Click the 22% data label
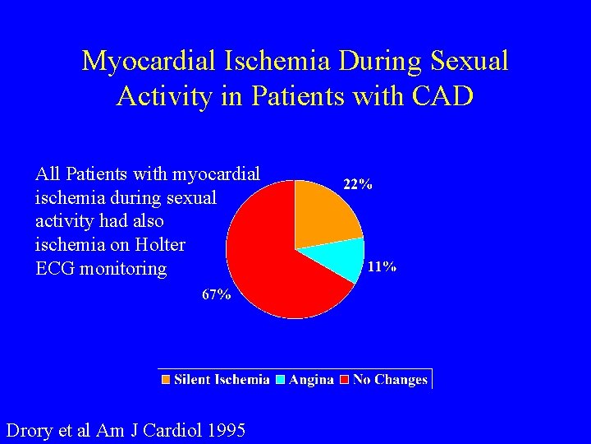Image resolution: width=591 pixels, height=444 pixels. pyautogui.click(x=357, y=185)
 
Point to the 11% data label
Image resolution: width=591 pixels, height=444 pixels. pyautogui.click(x=382, y=266)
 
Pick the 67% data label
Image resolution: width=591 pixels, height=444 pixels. pyautogui.click(x=217, y=295)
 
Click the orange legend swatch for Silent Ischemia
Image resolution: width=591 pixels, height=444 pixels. pyautogui.click(x=167, y=380)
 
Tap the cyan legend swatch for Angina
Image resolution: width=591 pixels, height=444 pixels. pyautogui.click(x=281, y=380)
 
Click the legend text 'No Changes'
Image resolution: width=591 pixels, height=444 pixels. pyautogui.click(x=390, y=380)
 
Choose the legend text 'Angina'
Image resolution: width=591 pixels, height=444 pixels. pyautogui.click(x=311, y=380)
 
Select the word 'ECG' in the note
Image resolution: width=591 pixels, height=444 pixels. pyautogui.click(x=55, y=269)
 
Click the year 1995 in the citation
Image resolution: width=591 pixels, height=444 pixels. pyautogui.click(x=223, y=429)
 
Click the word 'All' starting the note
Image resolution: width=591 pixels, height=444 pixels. pyautogui.click(x=48, y=174)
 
